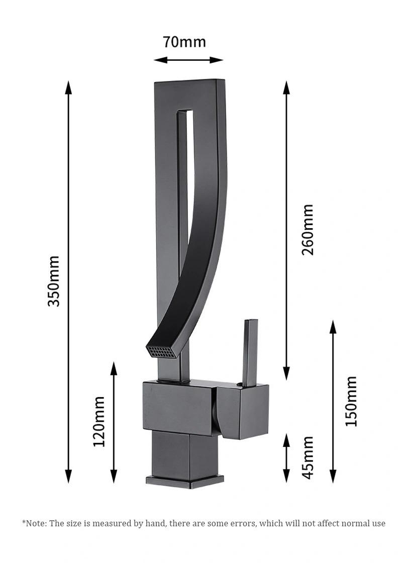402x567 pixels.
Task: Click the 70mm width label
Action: click(x=184, y=42)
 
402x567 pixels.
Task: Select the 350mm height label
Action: click(x=53, y=281)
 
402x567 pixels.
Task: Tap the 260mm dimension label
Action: click(x=308, y=230)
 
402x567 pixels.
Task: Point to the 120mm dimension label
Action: click(x=99, y=421)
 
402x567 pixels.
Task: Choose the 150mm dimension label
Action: click(x=351, y=401)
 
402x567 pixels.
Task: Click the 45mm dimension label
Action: click(x=308, y=457)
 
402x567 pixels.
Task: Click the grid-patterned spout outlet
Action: click(x=159, y=350)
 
